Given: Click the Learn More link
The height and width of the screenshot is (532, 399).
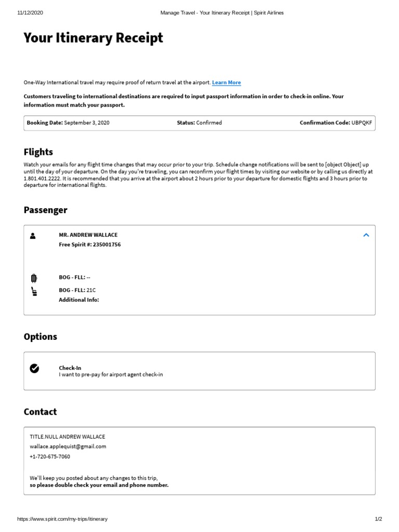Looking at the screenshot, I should pyautogui.click(x=227, y=83).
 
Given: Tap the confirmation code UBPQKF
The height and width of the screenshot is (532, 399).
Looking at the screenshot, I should pyautogui.click(x=362, y=123).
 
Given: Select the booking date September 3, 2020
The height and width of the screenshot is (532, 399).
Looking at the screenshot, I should pyautogui.click(x=87, y=123).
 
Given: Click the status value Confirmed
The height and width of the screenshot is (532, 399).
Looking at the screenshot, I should pyautogui.click(x=209, y=123).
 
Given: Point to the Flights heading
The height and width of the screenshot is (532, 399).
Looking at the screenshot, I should pyautogui.click(x=38, y=152).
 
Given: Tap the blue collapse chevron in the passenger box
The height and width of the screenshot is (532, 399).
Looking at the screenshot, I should pyautogui.click(x=366, y=235).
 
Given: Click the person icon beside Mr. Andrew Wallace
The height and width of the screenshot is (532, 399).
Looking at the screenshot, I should pyautogui.click(x=33, y=235).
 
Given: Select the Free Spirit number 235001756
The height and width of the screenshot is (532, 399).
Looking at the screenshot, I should pyautogui.click(x=107, y=245).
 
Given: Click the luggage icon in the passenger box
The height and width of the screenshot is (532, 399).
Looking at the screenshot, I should pyautogui.click(x=34, y=278).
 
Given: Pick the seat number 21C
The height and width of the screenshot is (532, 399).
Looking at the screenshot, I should pyautogui.click(x=91, y=290).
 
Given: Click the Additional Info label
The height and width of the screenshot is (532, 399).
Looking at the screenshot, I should pyautogui.click(x=79, y=300).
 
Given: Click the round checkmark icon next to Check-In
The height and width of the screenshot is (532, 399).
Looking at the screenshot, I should pyautogui.click(x=34, y=368).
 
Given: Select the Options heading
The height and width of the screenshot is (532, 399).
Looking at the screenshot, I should pyautogui.click(x=41, y=337).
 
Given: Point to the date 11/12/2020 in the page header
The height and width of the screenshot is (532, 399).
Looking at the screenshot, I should pyautogui.click(x=30, y=13).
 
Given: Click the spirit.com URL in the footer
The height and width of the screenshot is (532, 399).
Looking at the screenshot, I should pyautogui.click(x=62, y=519).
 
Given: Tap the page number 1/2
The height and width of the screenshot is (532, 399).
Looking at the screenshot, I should pyautogui.click(x=378, y=519).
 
